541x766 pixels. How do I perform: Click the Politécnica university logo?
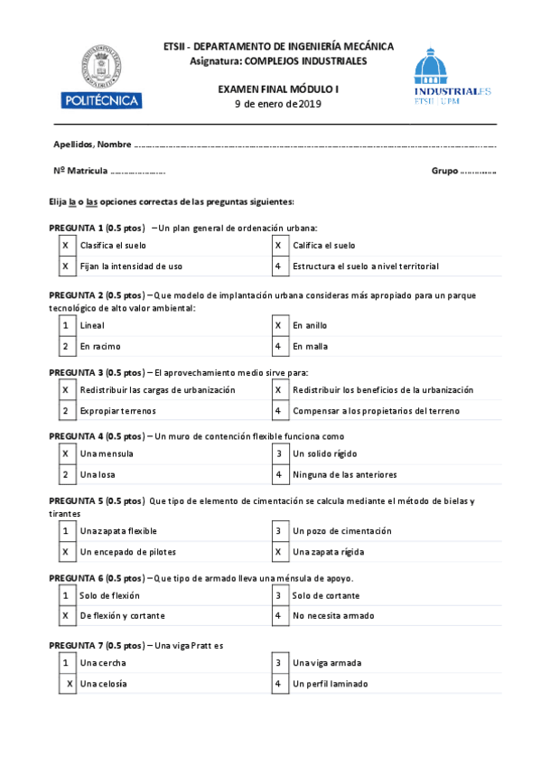click(x=99, y=76)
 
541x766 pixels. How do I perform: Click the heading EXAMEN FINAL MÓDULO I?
click(x=278, y=89)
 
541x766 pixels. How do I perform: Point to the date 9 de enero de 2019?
click(x=278, y=104)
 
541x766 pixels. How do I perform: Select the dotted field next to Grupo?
click(x=478, y=171)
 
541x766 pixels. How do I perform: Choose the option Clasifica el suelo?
click(x=113, y=245)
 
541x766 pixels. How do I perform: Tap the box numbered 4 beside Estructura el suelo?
click(x=278, y=266)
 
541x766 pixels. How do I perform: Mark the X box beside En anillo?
click(x=278, y=325)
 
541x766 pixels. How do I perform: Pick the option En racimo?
click(x=100, y=346)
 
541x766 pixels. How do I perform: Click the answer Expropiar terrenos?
click(x=118, y=411)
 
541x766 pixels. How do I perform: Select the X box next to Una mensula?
click(x=65, y=453)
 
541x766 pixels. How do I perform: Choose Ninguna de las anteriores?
click(x=344, y=474)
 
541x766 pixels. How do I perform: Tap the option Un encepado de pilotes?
click(x=127, y=551)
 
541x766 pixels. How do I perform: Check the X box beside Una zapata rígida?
click(x=278, y=551)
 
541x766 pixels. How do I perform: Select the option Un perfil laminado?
click(x=330, y=684)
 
